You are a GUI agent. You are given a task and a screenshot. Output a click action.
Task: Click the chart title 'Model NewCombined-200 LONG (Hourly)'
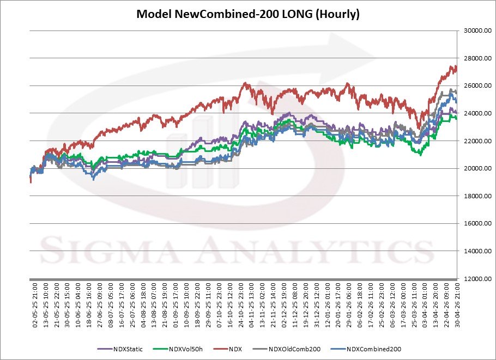point(248,14)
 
